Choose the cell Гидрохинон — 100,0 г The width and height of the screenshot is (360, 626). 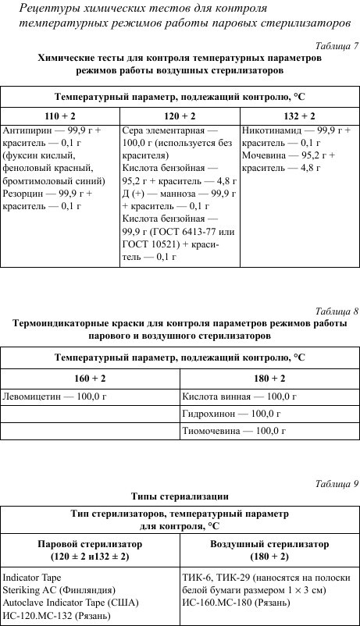[x=229, y=413]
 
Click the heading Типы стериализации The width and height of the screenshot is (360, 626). [x=180, y=496]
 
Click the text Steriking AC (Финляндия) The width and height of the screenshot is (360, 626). [x=59, y=590]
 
